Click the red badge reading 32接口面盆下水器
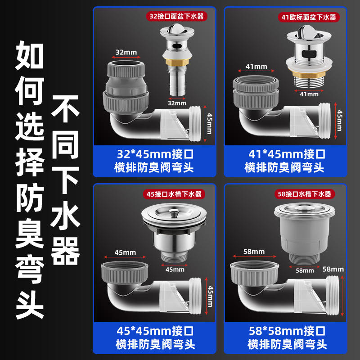176,16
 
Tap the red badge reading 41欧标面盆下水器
309,17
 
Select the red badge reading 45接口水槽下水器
174,194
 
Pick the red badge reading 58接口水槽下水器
305,194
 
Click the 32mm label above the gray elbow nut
126,52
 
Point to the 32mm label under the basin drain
177,103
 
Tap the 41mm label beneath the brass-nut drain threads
309,94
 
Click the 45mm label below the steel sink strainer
175,270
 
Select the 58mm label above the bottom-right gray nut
254,252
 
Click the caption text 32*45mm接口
155,154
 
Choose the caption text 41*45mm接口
287,154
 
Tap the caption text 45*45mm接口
155,331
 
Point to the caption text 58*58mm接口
287,331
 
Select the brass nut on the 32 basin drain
177,62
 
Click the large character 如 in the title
29,55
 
